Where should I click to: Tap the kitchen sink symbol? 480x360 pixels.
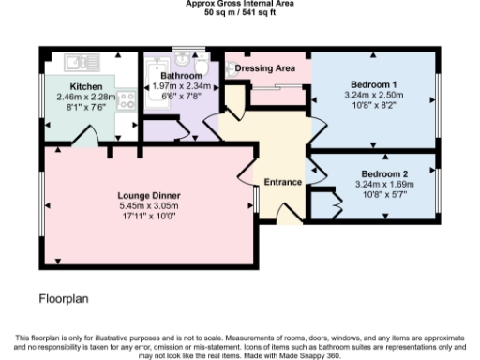[76, 62]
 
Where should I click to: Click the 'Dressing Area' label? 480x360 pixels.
[267, 67]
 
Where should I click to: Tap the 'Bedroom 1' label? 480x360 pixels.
[373, 84]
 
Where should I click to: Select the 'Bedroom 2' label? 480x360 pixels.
[384, 175]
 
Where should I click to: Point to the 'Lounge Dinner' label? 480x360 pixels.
[148, 195]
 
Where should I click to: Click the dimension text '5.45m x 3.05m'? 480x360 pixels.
[148, 205]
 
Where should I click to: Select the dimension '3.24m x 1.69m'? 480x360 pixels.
[384, 186]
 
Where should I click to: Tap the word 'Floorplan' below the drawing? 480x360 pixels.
[65, 300]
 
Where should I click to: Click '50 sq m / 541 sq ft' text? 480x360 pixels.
[239, 14]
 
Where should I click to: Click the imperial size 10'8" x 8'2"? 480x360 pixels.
[373, 105]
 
